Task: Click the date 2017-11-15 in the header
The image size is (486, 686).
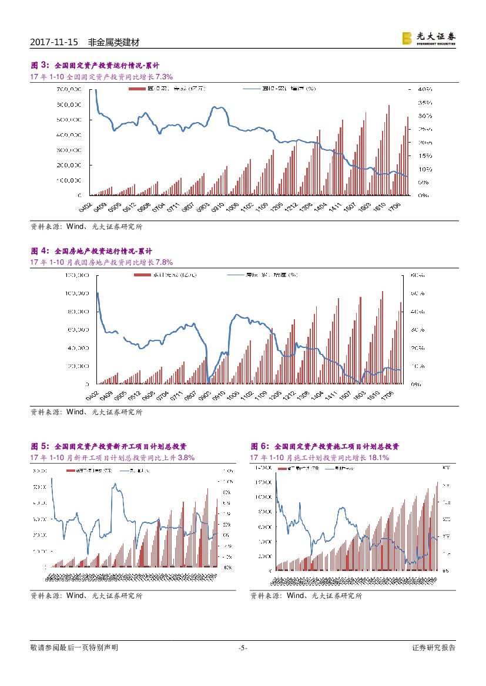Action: coord(53,43)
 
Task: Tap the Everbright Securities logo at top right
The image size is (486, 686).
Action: coord(428,38)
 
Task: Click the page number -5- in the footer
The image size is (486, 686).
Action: coord(243,648)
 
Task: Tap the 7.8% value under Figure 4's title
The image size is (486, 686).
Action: coord(164,262)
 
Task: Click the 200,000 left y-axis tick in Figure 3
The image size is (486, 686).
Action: coord(69,165)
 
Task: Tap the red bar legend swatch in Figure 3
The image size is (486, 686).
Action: coord(136,89)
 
